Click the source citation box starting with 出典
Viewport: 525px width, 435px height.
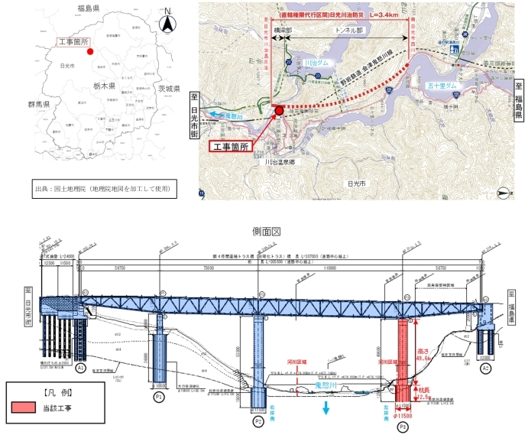[x=103, y=188]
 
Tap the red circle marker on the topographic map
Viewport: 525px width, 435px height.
[x=279, y=111]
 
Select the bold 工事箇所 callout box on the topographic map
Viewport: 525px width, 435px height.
[x=232, y=146]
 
